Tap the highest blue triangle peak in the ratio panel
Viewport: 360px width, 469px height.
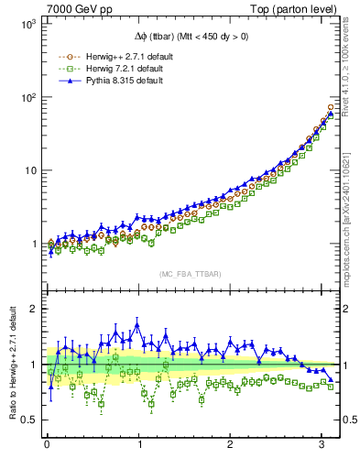click(137, 324)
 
